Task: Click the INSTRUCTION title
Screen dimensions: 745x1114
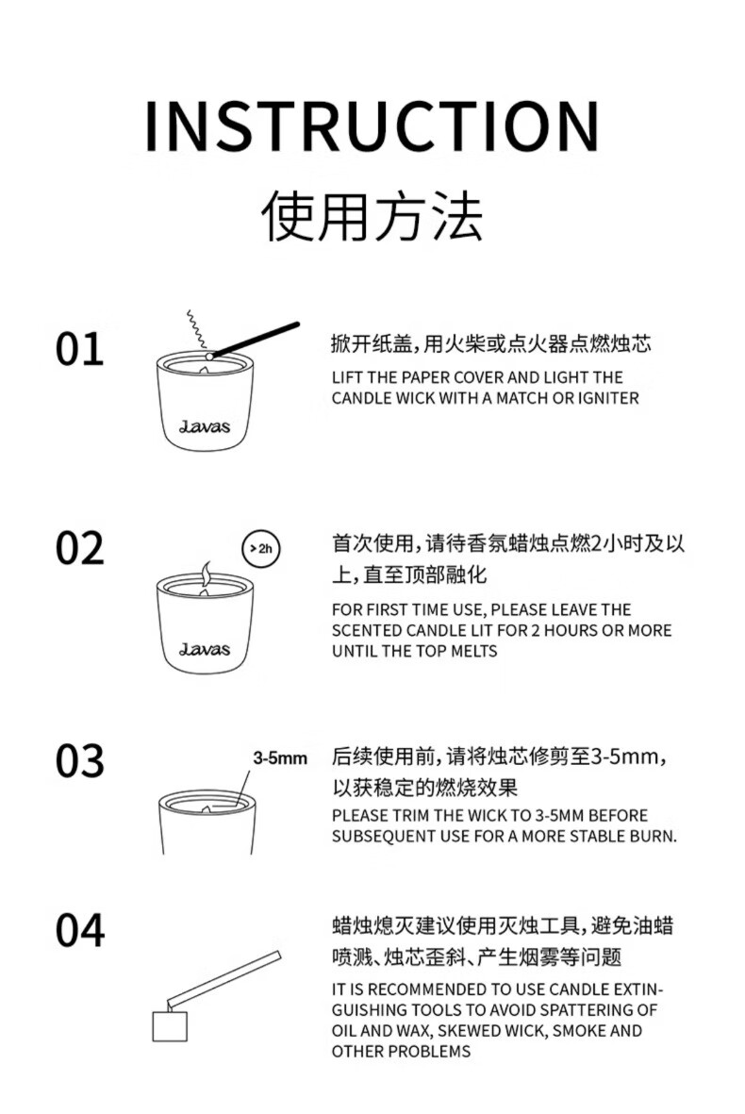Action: pos(372,126)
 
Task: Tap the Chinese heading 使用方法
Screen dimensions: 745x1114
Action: pos(372,215)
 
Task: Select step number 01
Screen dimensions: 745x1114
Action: pos(79,349)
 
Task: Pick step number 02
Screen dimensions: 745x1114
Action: pos(79,548)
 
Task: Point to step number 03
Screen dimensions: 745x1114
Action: pos(79,761)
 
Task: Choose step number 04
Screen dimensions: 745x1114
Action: pos(79,931)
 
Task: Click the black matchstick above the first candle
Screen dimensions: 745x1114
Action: pos(255,340)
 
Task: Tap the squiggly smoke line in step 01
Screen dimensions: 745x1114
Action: pos(195,329)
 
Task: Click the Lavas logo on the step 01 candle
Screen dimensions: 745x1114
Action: pos(205,426)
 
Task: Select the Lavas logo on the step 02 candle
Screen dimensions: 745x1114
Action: pos(205,649)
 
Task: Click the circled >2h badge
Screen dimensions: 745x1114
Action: pos(261,548)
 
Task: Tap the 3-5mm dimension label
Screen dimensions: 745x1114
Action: pos(280,758)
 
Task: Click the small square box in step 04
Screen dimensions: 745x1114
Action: pos(170,1025)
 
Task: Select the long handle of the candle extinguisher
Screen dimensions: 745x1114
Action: pos(224,976)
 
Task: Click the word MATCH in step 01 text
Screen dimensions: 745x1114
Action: pos(522,398)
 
